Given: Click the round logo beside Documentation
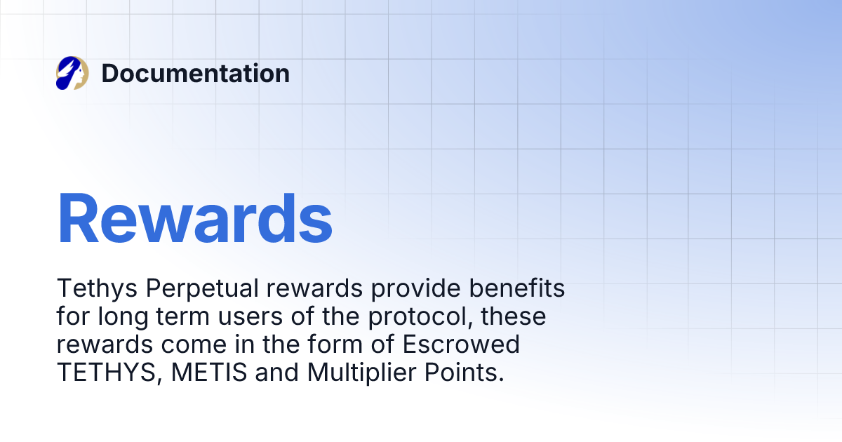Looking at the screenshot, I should pos(72,74).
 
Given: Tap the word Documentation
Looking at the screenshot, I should pos(195,74).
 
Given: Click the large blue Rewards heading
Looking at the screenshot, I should pos(195,218).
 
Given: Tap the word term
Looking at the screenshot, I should pos(181,317).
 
